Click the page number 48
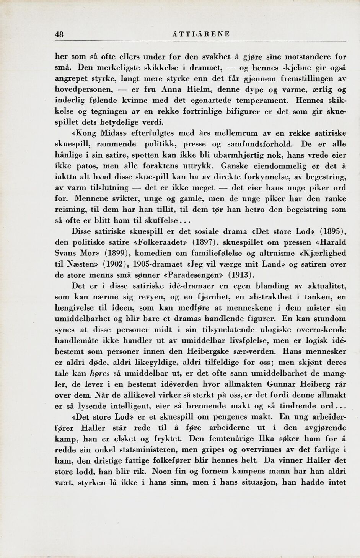coord(59,34)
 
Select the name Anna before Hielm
coord(172,90)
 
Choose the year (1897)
coord(205,242)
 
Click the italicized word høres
coord(99,373)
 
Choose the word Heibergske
coord(208,351)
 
